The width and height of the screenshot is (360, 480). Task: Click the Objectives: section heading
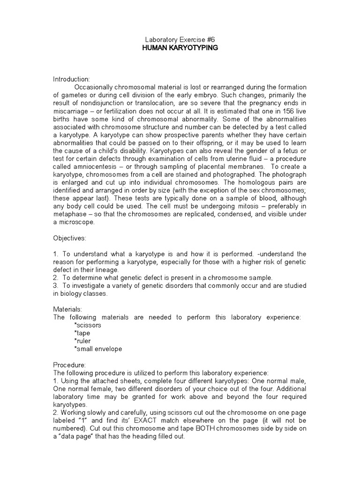[69, 238]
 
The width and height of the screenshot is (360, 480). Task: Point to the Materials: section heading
[67, 309]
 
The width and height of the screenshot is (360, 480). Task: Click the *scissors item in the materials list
[88, 325]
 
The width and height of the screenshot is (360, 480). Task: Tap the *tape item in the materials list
[82, 333]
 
